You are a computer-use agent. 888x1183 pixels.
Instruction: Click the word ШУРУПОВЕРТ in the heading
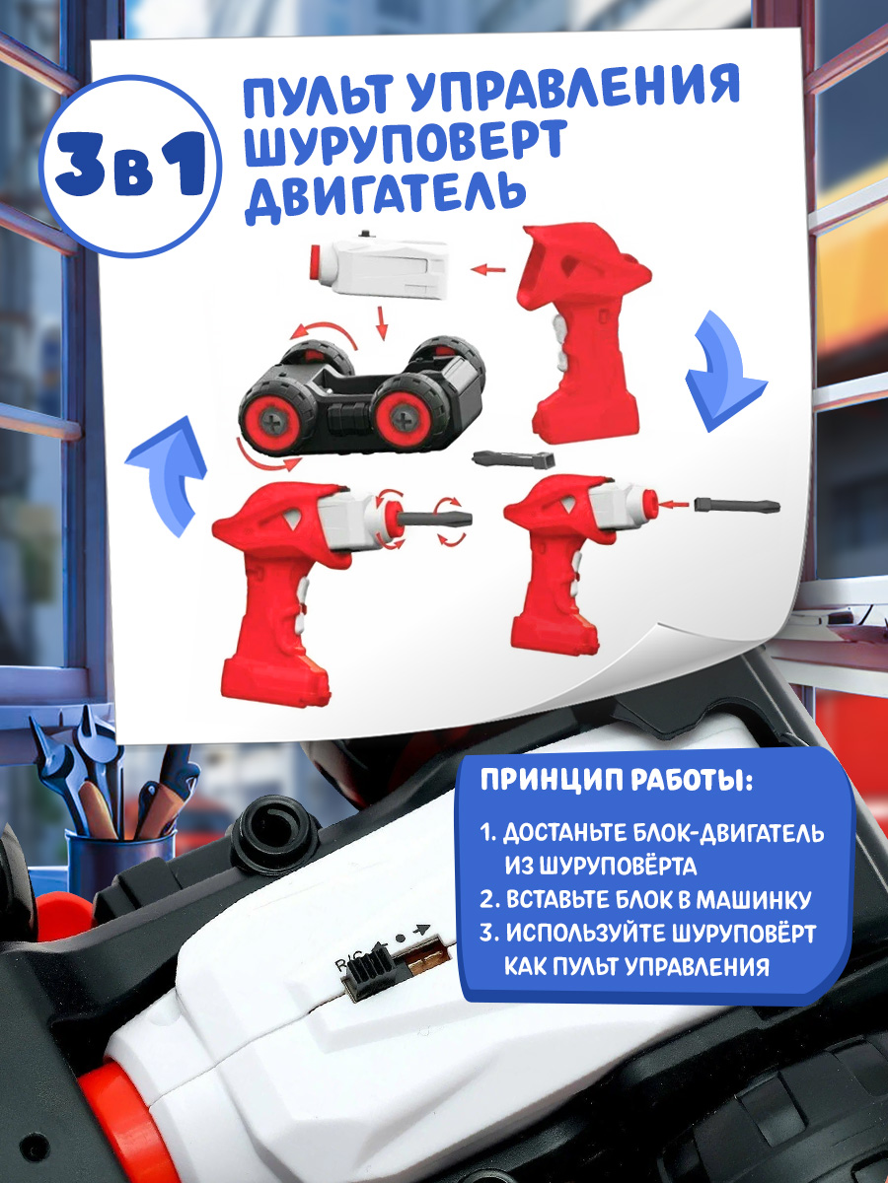point(405,142)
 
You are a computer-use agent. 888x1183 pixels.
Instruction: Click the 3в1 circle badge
point(131,166)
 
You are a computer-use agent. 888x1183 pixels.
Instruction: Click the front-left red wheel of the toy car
point(271,416)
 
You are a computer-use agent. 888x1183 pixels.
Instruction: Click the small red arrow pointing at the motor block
point(488,269)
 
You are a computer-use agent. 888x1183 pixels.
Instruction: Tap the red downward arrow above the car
point(382,323)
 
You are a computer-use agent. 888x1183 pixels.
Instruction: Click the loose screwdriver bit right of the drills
point(738,506)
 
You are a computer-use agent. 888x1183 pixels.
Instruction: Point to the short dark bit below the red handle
point(513,459)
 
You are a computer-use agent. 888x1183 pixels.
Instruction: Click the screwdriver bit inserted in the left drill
point(434,518)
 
